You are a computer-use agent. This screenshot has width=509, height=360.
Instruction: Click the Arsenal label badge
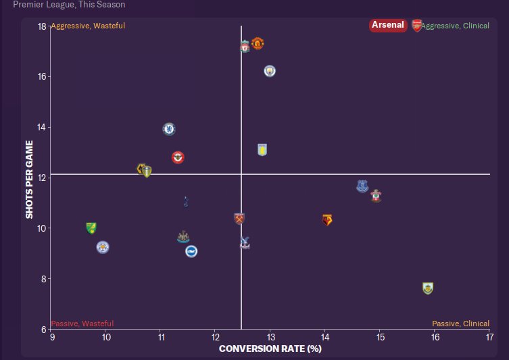pos(389,26)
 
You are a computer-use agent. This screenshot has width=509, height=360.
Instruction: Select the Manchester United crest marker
pos(257,44)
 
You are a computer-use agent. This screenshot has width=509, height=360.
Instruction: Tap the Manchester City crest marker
pos(270,71)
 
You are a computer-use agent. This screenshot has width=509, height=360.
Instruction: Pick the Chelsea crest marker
pos(169,128)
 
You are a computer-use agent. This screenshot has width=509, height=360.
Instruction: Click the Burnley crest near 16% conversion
pos(427,288)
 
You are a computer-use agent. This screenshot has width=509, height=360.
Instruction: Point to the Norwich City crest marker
pos(91,228)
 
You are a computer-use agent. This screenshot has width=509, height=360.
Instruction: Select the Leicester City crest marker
pos(103,247)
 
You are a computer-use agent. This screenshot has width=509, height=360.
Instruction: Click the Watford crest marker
pos(327,220)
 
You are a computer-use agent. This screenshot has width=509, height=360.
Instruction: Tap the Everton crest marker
pos(362,186)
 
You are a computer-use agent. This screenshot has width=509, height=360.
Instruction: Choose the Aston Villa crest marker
pos(262,150)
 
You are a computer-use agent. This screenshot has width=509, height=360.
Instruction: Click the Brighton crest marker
pos(191,251)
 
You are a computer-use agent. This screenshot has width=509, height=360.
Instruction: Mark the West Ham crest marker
pos(238,218)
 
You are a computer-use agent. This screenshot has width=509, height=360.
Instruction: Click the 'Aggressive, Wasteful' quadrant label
pos(88,26)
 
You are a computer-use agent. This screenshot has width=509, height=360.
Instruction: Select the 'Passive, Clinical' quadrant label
pos(460,324)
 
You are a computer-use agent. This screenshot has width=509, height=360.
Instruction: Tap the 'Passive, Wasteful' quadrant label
pos(82,324)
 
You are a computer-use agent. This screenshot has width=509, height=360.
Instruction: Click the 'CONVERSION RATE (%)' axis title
pos(270,349)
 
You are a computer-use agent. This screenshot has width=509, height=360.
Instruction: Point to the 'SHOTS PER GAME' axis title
pos(30,179)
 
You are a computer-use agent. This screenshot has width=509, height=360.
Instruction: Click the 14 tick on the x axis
pos(324,337)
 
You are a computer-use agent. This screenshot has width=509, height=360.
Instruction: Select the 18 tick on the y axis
pos(42,26)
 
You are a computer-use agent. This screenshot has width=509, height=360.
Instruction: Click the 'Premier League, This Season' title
pos(69,5)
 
